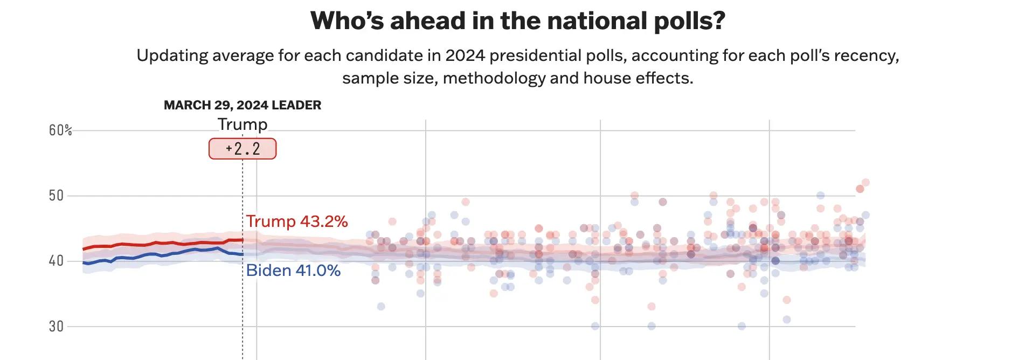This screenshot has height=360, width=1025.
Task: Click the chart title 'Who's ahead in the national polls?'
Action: tap(517, 22)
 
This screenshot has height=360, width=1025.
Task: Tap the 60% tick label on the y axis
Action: tap(60, 130)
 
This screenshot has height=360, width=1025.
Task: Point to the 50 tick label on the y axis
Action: tap(56, 196)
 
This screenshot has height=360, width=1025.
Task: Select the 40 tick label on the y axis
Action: tap(56, 261)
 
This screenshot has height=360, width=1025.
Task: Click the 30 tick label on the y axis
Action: tap(56, 327)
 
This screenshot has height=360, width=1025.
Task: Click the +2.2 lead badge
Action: tap(243, 149)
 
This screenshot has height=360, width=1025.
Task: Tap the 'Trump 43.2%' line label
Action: tap(297, 221)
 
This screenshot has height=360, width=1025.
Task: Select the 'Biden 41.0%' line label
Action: tap(293, 271)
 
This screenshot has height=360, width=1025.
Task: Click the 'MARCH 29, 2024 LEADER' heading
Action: tap(243, 105)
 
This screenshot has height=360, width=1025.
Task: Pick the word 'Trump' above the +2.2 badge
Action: tap(243, 124)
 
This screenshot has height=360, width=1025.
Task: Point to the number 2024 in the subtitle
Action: tap(465, 56)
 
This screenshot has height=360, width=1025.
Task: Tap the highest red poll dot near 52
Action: tap(865, 183)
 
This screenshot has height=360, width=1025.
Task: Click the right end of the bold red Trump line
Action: tap(243, 240)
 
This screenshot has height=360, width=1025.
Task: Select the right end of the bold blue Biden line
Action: tap(243, 254)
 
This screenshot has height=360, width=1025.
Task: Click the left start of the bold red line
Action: tap(83, 249)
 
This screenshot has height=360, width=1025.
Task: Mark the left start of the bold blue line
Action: tap(83, 262)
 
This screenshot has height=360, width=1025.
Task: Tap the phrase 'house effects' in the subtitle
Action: tap(638, 79)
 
